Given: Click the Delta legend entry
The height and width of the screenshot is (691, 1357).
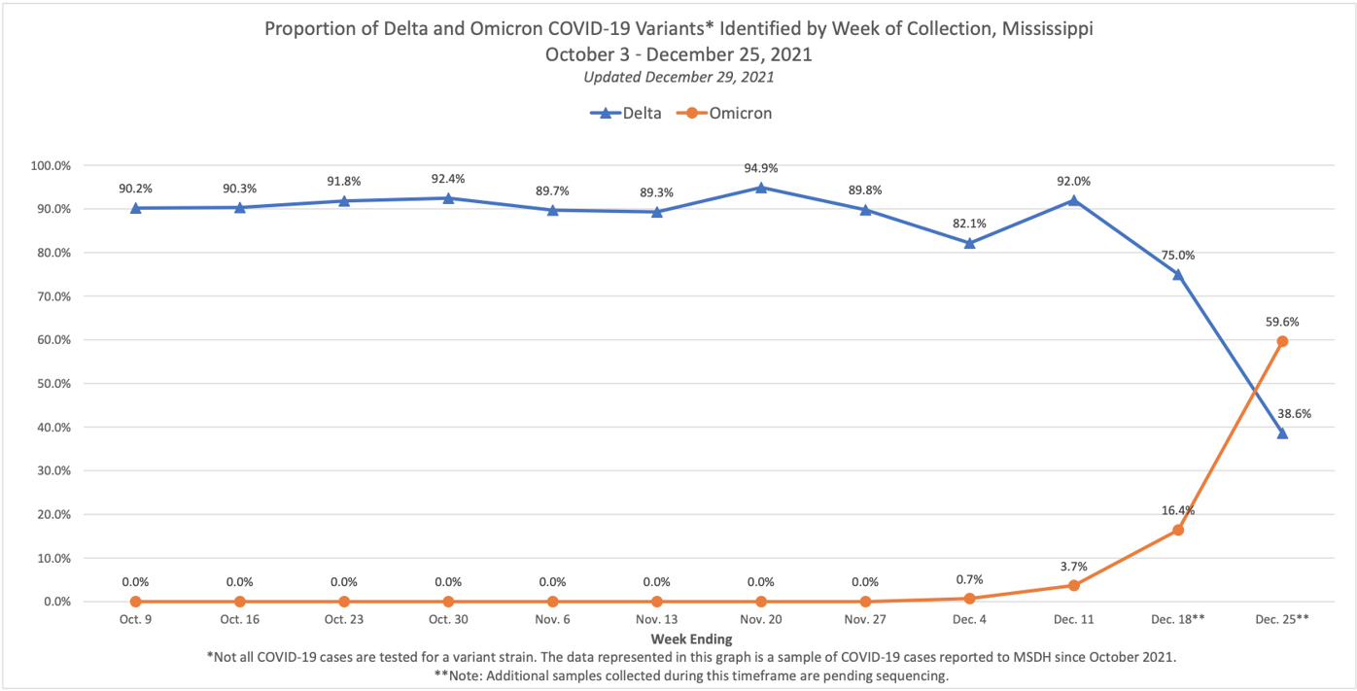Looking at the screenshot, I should pos(627,113).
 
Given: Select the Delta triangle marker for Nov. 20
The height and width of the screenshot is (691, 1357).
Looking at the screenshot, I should pos(761,188).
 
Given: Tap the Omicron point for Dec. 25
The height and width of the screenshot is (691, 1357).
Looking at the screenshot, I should pos(1282,341).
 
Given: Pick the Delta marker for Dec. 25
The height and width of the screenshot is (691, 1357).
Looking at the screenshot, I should pos(1282,433).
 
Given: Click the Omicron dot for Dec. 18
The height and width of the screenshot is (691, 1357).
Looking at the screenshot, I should pos(1178,530).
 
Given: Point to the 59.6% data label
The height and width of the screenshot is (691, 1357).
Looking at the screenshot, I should pos(1282,322).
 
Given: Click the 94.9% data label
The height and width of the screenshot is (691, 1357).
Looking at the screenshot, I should pos(761,168).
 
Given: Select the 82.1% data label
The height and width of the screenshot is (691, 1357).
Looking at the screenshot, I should pos(969,224).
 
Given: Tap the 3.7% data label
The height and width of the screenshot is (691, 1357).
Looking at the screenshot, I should pos(1073,566).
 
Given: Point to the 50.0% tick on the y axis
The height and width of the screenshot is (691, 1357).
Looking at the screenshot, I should pos(52,384).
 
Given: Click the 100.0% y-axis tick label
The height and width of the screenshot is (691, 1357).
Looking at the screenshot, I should pos(50,165).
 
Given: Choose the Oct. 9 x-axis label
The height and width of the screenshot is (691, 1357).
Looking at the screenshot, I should pos(135,620).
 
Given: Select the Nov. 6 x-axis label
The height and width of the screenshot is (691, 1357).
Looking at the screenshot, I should pos(552,620).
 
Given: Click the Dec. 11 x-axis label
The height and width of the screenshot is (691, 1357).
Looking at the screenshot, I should pos(1073,620).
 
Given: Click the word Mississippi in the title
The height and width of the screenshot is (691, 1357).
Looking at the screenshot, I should pos(1044,29).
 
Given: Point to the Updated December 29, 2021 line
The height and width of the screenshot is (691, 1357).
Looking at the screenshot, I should pos(678,77).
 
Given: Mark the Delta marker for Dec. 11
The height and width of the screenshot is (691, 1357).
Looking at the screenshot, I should pos(1073,200).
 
